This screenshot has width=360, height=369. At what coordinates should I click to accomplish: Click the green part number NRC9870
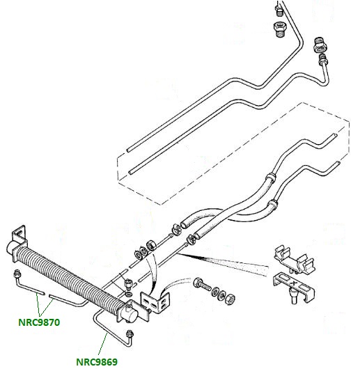(39, 322)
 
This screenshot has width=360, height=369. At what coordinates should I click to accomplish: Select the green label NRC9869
(97, 362)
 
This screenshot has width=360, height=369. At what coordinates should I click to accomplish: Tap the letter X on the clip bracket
(292, 283)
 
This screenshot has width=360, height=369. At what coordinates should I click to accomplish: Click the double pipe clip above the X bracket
(294, 259)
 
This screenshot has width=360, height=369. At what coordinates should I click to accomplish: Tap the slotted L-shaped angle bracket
(156, 302)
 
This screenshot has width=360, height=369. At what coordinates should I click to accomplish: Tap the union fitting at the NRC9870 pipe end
(17, 274)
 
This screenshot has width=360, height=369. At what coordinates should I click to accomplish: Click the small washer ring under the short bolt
(129, 294)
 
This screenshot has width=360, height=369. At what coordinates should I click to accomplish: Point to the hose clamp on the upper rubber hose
(176, 228)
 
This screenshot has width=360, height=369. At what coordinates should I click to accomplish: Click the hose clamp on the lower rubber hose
(190, 240)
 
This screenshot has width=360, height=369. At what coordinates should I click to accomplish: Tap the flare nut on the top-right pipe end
(323, 60)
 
